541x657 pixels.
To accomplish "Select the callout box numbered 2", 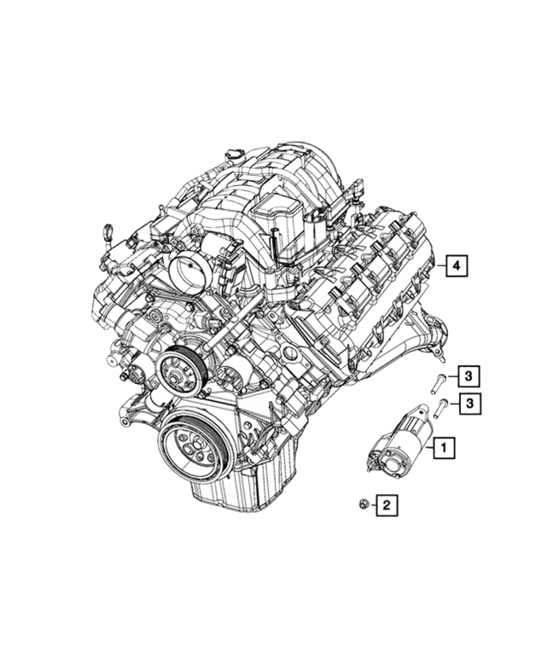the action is [387, 505].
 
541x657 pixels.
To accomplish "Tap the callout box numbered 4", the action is [457, 265].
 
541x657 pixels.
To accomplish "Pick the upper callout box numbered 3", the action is [468, 376].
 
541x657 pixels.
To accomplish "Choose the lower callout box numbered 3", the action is [470, 404].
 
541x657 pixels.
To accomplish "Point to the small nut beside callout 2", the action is [364, 504].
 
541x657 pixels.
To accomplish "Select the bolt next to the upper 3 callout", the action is [438, 383].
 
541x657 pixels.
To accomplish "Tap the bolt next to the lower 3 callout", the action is [440, 409].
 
